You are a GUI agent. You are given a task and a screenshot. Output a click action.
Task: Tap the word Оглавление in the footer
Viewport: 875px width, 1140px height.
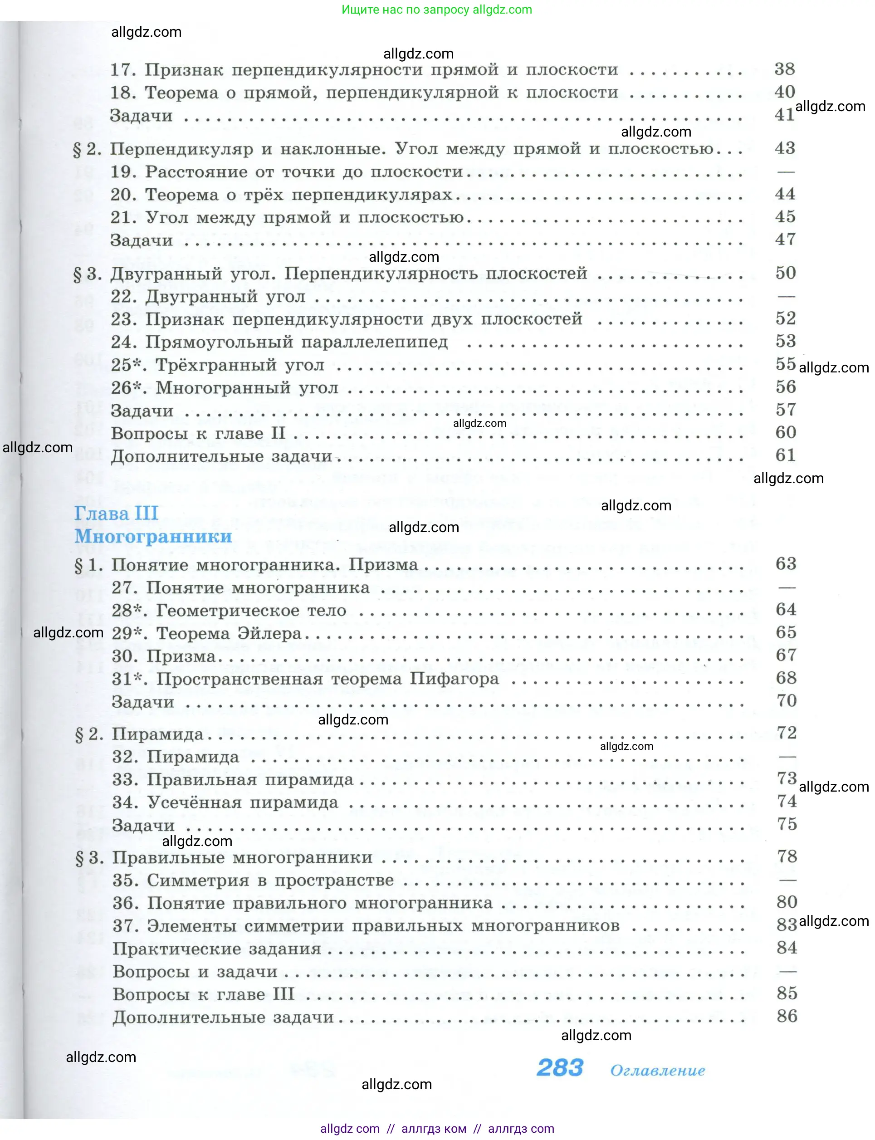657,1070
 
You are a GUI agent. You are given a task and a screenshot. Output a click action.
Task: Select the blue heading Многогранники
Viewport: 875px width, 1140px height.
153,536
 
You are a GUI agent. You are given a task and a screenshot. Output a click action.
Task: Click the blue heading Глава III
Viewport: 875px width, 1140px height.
116,513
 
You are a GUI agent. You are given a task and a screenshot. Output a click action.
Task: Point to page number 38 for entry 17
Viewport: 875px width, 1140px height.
784,69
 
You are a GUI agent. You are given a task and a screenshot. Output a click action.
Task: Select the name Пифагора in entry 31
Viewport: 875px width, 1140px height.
454,679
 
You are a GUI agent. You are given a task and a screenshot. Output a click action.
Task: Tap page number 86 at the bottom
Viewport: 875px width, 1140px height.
787,1016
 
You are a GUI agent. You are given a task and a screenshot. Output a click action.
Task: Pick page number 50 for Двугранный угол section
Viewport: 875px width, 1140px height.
786,273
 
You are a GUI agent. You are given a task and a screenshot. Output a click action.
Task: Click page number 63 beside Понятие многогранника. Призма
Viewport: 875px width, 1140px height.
786,563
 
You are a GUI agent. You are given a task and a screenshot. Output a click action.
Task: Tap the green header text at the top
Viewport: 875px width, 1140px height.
436,10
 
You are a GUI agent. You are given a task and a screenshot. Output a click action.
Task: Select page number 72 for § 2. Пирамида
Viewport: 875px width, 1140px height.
787,733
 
